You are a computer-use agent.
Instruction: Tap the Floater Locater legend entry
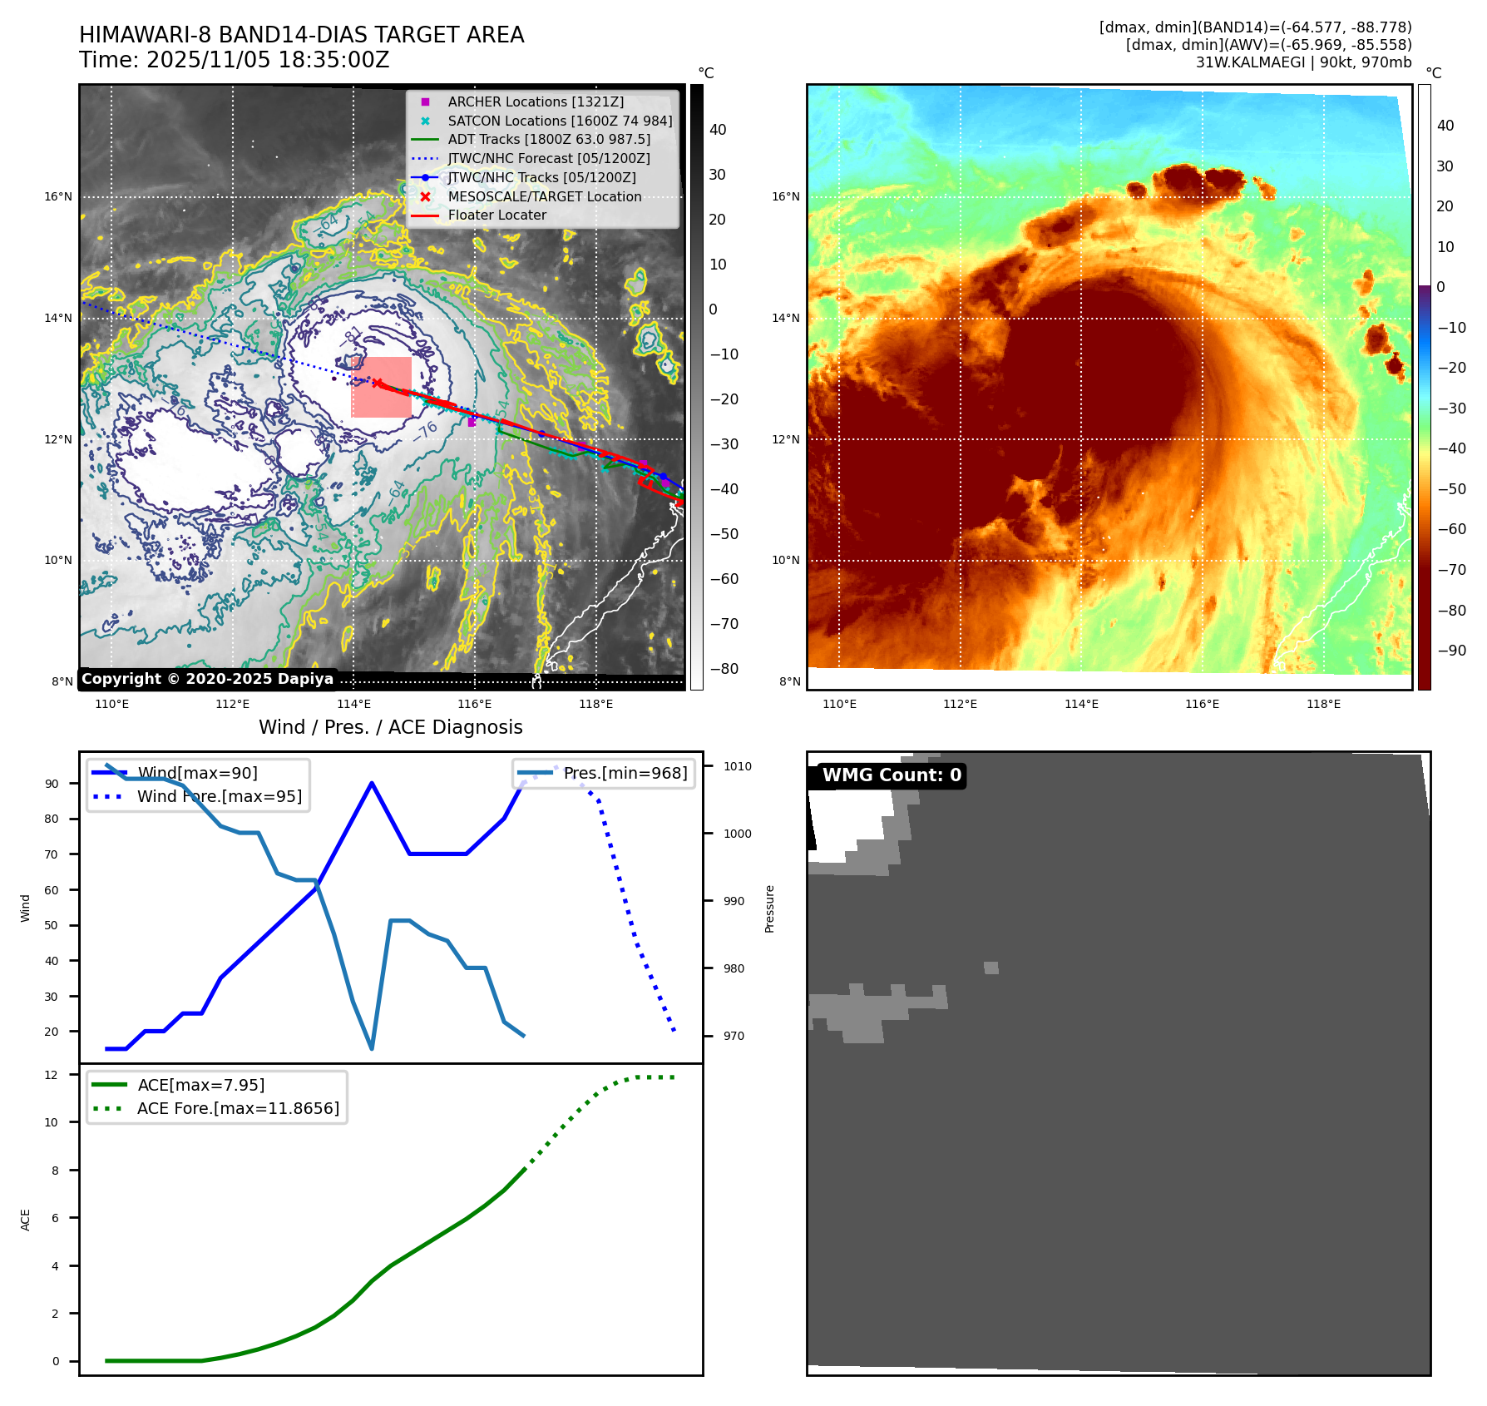point(496,215)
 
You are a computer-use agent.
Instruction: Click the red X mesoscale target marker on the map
point(378,384)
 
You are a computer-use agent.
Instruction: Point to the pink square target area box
point(382,388)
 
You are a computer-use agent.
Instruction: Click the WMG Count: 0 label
point(891,775)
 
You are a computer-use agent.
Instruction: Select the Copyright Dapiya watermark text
point(207,679)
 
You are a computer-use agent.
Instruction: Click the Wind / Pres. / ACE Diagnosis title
point(390,727)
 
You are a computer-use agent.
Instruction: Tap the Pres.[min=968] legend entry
point(625,773)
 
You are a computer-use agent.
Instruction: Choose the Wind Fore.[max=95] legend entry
point(219,796)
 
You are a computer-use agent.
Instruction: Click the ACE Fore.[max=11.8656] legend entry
point(238,1108)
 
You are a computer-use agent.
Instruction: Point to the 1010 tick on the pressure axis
point(737,766)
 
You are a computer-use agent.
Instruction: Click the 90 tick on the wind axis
point(52,784)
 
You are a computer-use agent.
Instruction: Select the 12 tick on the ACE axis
point(52,1075)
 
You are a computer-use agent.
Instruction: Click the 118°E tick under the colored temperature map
point(1323,704)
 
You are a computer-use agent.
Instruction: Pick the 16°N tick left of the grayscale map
point(58,197)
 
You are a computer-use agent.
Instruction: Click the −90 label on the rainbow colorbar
point(1451,651)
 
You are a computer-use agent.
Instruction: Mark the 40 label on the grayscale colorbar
point(718,130)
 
